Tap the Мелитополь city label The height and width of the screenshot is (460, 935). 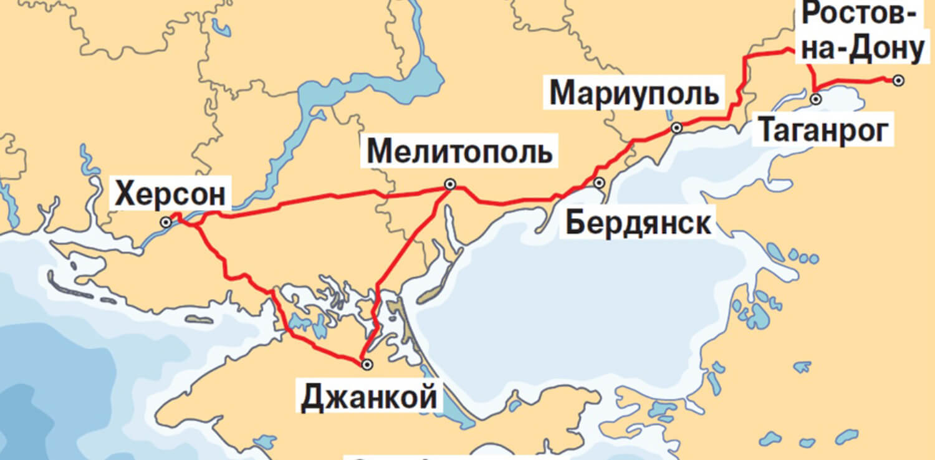pos(459,153)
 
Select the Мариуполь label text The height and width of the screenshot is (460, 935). pos(634,94)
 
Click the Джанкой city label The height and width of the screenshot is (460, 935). pos(368,397)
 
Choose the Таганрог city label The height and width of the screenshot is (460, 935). pos(823,132)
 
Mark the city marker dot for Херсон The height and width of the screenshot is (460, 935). pos(166,222)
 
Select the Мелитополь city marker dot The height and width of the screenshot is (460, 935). pos(449,184)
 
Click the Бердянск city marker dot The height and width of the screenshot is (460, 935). pos(600,183)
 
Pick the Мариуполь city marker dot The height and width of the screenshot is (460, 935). pos(676,128)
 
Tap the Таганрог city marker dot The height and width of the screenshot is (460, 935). pos(815,99)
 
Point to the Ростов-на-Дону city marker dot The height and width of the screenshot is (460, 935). pos(898,80)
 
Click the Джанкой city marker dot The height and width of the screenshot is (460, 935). pos(367,364)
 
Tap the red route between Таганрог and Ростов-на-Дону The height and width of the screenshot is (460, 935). pos(854,80)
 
